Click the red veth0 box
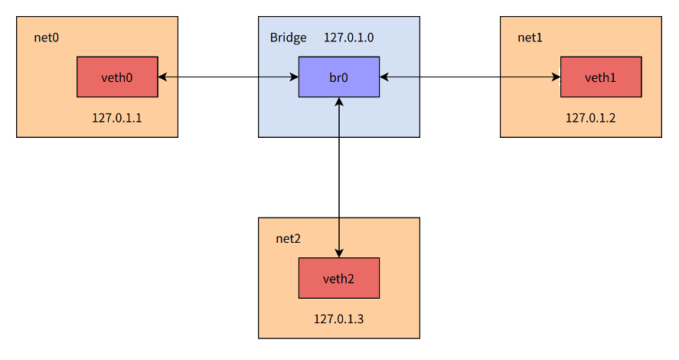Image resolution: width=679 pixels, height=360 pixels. click(x=117, y=77)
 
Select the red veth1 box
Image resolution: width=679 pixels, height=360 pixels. click(x=600, y=77)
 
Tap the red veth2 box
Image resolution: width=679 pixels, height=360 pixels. click(x=338, y=278)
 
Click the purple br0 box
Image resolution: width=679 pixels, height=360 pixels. click(x=338, y=77)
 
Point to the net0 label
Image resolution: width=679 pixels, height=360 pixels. click(x=46, y=38)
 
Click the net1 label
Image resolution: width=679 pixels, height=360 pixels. click(x=530, y=38)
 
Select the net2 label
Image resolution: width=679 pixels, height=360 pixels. click(x=288, y=238)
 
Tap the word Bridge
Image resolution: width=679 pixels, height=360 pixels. click(x=288, y=38)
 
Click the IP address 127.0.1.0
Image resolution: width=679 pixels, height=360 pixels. click(x=348, y=38)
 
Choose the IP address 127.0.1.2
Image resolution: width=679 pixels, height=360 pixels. click(x=590, y=118)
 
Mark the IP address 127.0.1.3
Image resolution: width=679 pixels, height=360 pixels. click(x=338, y=319)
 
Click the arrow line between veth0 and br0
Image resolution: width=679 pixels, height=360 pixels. click(x=228, y=77)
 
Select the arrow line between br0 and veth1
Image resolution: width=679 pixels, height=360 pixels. click(x=470, y=77)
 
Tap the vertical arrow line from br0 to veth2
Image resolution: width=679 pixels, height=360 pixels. click(x=338, y=176)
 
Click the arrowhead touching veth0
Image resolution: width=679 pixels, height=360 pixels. click(x=162, y=77)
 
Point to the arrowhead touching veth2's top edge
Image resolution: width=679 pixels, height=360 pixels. click(x=338, y=254)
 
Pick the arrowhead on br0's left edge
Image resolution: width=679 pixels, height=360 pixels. click(x=294, y=77)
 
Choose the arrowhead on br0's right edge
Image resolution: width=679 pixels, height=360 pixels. click(x=384, y=77)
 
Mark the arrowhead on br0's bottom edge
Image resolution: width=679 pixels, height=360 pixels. click(x=338, y=102)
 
